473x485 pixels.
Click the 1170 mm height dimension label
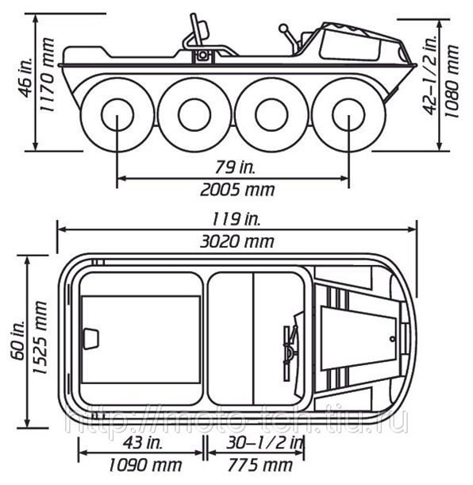pos(48,75)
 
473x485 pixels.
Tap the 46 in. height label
pos(26,77)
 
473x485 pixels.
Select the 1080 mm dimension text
pos(452,81)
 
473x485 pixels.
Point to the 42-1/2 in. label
pos(430,75)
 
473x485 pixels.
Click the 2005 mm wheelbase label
pos(237,190)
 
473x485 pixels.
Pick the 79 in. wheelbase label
pos(235,167)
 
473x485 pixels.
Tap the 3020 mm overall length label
pos(237,241)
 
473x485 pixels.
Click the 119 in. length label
pos(236,219)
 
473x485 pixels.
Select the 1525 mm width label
pos(40,337)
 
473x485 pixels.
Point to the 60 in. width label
pos(18,341)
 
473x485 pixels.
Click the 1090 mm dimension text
pos(145,465)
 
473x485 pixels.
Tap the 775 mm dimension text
pos(260,465)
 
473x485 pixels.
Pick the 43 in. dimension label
pos(143,443)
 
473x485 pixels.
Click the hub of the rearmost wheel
pos(117,115)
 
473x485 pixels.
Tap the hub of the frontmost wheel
pos(348,115)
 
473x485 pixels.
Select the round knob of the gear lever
pos(283,29)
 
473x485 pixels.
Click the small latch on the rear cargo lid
pos(91,339)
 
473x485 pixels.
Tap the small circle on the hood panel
pos(392,339)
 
